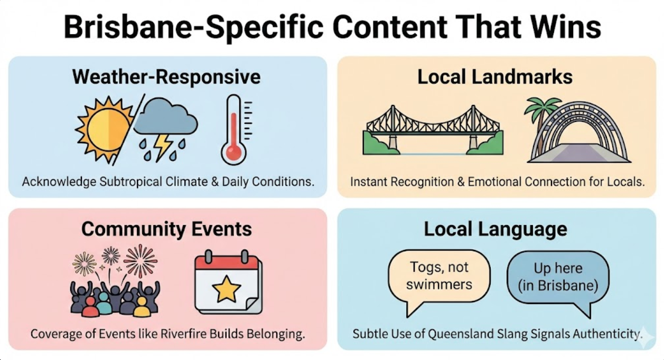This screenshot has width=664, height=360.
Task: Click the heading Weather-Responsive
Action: [x=166, y=77]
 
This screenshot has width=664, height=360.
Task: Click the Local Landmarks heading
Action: [x=495, y=77]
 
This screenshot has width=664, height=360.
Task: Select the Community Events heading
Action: [x=166, y=229]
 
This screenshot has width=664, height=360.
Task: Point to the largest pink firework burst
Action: [x=141, y=260]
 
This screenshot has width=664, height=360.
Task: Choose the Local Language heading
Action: [x=495, y=229]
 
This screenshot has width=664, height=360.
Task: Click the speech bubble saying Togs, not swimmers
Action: [x=439, y=277]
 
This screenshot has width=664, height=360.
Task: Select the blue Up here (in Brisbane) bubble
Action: [x=558, y=278]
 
